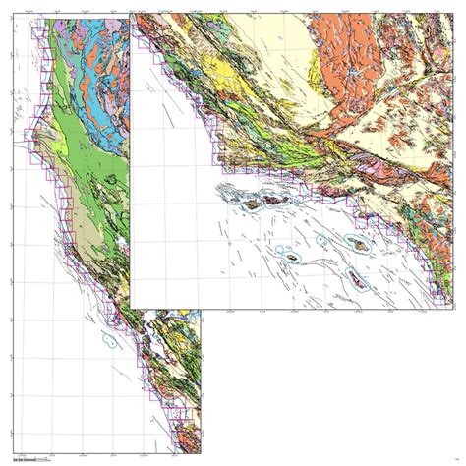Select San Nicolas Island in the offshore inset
(x=292, y=257)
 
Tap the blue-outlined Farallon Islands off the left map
(x=111, y=341)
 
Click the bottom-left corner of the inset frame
(x=131, y=307)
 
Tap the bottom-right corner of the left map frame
(x=202, y=453)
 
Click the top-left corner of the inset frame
(x=131, y=14)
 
